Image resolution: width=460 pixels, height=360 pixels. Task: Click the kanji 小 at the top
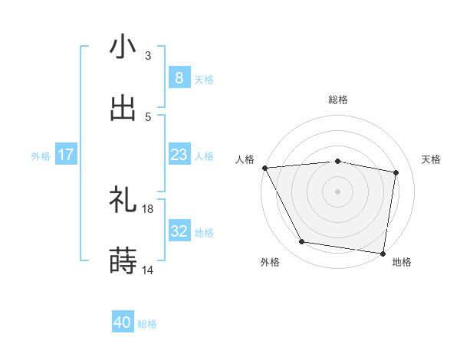(x=123, y=47)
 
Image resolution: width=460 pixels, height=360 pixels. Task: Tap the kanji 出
(x=123, y=108)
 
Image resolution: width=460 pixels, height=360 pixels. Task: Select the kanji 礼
(x=123, y=201)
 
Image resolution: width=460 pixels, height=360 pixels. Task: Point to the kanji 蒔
(x=123, y=261)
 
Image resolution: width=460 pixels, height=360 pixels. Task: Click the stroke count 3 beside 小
(x=148, y=55)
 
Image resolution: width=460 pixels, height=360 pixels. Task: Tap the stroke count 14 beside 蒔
(x=148, y=270)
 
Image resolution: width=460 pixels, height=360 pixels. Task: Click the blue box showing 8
(x=179, y=77)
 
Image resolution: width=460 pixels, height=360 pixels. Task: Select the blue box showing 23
(x=179, y=155)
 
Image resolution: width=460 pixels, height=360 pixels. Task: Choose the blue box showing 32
(x=179, y=231)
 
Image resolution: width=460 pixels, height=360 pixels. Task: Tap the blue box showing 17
(x=66, y=155)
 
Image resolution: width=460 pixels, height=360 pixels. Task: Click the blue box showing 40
(x=123, y=322)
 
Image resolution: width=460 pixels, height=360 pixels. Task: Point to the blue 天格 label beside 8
(x=204, y=79)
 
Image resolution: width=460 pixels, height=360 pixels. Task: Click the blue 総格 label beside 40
(x=147, y=324)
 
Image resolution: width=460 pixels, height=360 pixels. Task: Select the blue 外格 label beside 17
(x=41, y=156)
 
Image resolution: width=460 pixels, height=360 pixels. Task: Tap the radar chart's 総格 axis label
(x=338, y=100)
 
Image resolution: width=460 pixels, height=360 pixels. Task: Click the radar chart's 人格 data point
(x=264, y=168)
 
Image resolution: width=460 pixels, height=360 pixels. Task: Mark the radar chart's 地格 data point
(x=383, y=253)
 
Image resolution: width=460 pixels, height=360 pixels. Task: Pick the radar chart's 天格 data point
(x=396, y=172)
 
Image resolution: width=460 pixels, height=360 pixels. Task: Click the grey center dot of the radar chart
(x=338, y=191)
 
